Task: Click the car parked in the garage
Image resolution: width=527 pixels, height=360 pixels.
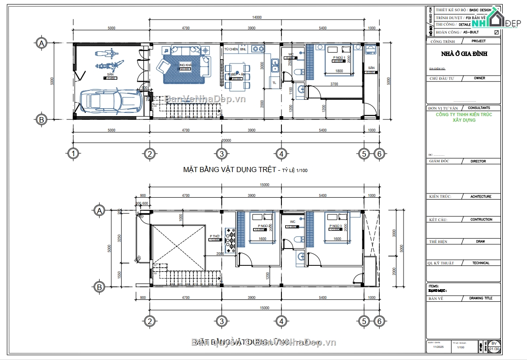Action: click(x=111, y=102)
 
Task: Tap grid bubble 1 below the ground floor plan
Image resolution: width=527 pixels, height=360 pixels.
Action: click(x=72, y=153)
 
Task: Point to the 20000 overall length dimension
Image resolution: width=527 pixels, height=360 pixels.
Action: click(x=226, y=140)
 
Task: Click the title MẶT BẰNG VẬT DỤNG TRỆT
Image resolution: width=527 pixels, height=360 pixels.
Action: click(x=230, y=170)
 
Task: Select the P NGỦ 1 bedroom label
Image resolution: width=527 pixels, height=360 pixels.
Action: click(x=338, y=57)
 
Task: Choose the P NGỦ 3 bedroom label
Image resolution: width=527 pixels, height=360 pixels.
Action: click(x=335, y=226)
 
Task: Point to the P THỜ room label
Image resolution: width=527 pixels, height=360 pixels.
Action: click(x=214, y=236)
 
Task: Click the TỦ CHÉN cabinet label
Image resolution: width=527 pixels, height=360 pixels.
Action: click(x=231, y=49)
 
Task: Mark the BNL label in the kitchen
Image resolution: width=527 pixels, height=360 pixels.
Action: click(x=243, y=49)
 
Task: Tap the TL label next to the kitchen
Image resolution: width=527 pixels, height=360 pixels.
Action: click(x=274, y=83)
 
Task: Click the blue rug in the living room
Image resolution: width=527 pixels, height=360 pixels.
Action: click(x=184, y=70)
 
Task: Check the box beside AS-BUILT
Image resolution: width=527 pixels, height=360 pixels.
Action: click(x=496, y=32)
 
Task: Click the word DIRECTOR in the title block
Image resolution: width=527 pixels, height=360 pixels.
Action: click(x=478, y=161)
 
